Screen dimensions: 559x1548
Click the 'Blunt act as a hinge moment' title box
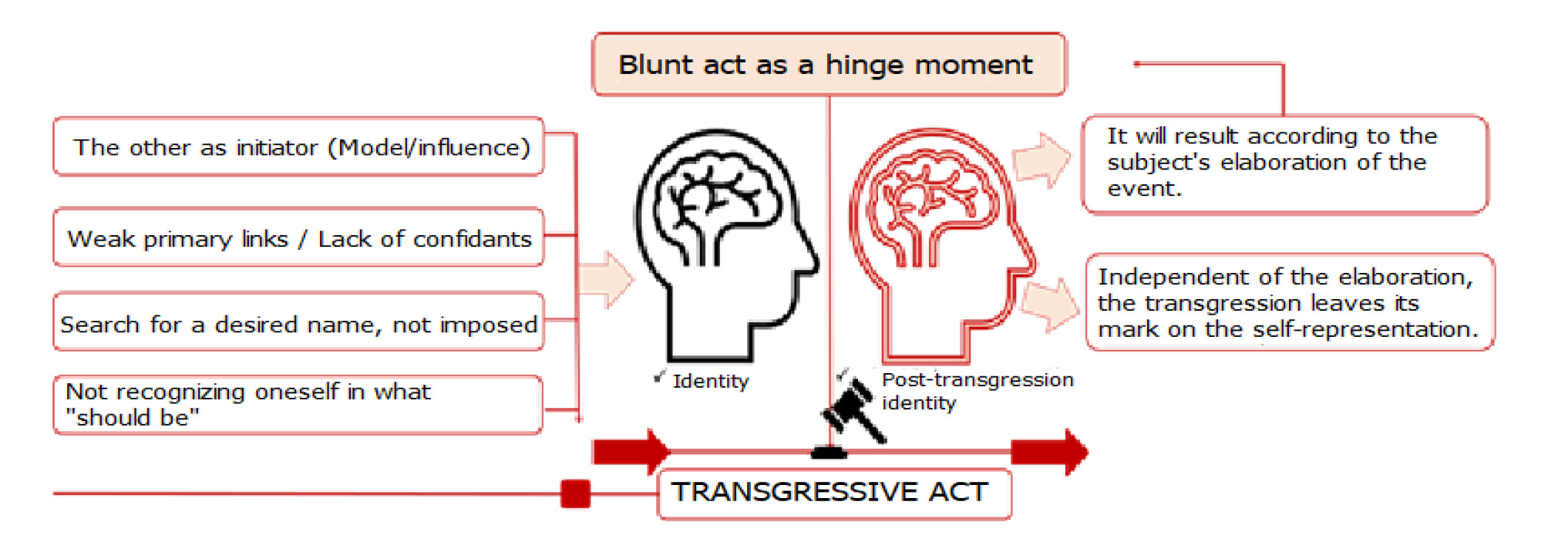pos(828,65)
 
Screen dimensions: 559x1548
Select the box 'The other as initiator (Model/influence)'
pos(298,147)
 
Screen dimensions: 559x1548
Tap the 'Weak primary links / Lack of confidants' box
pos(298,238)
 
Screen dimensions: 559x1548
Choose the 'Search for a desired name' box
pos(298,323)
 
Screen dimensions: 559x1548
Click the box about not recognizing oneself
pos(298,405)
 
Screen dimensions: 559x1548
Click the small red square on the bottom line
pos(575,493)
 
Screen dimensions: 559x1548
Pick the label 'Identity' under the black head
pos(710,381)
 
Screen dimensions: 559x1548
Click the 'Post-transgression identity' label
pos(976,391)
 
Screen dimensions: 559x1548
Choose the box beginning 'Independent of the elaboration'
pos(1289,302)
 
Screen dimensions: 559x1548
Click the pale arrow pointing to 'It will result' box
pos(1042,159)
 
